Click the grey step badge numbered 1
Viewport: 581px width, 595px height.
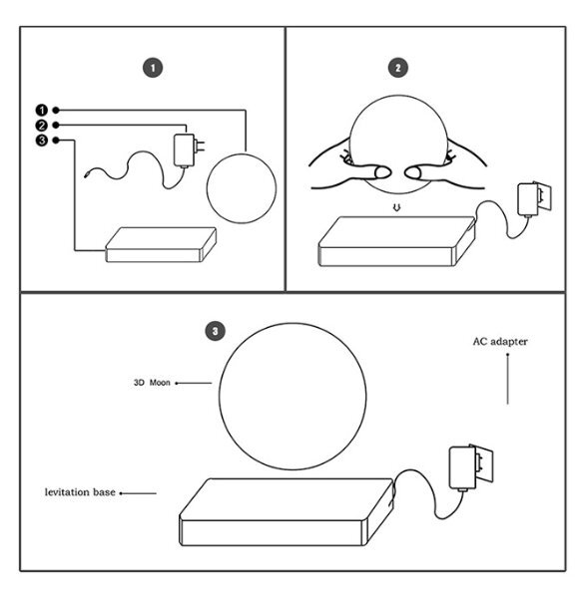click(x=153, y=68)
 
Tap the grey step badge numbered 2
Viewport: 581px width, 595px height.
click(x=398, y=68)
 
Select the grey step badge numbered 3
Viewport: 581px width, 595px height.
click(x=215, y=331)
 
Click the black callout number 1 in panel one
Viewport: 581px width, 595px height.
click(x=42, y=111)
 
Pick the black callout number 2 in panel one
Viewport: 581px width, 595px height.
click(x=42, y=126)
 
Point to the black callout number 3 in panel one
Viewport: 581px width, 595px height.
click(x=42, y=141)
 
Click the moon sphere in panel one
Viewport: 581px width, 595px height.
click(x=242, y=188)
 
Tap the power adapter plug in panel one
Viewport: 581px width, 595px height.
click(x=188, y=150)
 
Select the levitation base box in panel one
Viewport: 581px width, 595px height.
click(x=161, y=245)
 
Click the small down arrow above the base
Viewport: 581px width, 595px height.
click(x=396, y=207)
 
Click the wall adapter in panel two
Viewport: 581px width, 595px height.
click(x=534, y=199)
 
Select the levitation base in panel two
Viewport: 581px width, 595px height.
click(x=396, y=242)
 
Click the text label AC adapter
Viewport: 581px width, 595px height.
click(x=500, y=342)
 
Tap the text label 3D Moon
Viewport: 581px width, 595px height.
click(x=152, y=383)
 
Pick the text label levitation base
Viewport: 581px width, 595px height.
click(x=80, y=492)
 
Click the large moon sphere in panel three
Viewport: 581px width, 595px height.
click(x=292, y=397)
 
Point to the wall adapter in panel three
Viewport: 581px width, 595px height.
click(x=471, y=467)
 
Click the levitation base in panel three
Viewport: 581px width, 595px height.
click(x=287, y=512)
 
